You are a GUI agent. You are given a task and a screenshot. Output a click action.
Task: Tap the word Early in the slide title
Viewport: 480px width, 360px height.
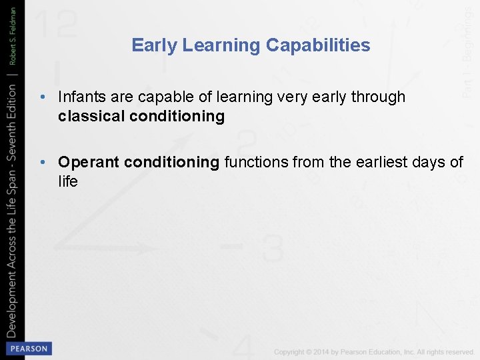[154, 45]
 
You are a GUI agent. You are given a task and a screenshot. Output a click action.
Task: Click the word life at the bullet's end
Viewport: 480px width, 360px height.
[68, 181]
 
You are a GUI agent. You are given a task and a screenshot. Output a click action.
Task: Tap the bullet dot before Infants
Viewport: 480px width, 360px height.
[43, 97]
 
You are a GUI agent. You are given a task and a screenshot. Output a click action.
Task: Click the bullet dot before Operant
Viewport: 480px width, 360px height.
[43, 162]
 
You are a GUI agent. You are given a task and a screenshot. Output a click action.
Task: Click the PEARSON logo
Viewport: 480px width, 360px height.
[28, 348]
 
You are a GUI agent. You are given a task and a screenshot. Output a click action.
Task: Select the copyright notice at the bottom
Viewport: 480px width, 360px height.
[373, 351]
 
